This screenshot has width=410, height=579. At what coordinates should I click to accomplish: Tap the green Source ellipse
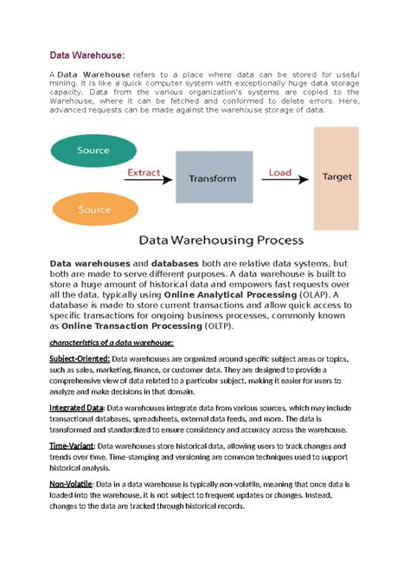(x=93, y=151)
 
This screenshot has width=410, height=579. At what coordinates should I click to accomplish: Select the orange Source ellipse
(x=93, y=209)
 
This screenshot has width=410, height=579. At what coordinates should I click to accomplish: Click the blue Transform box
(x=212, y=178)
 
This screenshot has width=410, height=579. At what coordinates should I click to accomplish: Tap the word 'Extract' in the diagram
(x=144, y=172)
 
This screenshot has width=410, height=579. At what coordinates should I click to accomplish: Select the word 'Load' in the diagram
(x=279, y=172)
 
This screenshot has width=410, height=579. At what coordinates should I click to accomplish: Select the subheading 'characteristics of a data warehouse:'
(x=112, y=344)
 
